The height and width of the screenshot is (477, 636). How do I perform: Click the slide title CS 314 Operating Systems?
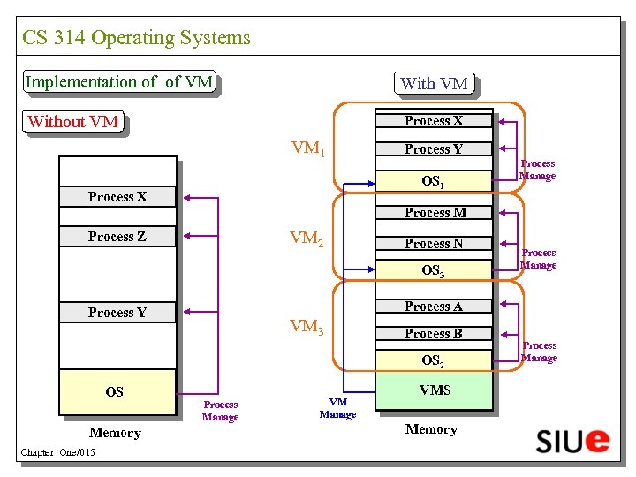pos(136,38)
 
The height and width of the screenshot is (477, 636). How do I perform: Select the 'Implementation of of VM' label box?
pos(119,82)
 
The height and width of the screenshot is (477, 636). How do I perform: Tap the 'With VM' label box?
pos(434,84)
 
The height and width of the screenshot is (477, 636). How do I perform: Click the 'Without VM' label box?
pos(73,122)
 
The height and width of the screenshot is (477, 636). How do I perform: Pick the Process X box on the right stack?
pos(433,121)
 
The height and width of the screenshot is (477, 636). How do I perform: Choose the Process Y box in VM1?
pos(433,149)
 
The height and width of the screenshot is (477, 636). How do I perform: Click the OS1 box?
pos(433,181)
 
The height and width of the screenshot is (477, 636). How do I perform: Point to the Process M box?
pos(433,212)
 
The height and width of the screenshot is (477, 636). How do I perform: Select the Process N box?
pos(433,243)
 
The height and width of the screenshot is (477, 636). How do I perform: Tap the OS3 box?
pos(433,270)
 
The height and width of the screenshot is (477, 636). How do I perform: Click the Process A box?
pos(433,307)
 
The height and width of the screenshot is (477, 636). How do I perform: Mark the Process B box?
pos(433,334)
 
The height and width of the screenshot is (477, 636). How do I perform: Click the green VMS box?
pos(434,390)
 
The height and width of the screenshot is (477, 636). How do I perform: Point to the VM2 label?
pos(307,238)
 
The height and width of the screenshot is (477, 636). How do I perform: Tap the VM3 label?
pos(307,327)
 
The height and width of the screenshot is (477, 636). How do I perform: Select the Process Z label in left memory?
pos(117,237)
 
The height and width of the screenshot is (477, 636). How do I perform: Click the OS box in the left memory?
pos(115,392)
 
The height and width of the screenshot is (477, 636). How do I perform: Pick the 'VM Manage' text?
pos(337,409)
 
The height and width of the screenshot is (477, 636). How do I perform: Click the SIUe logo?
pos(572,439)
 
